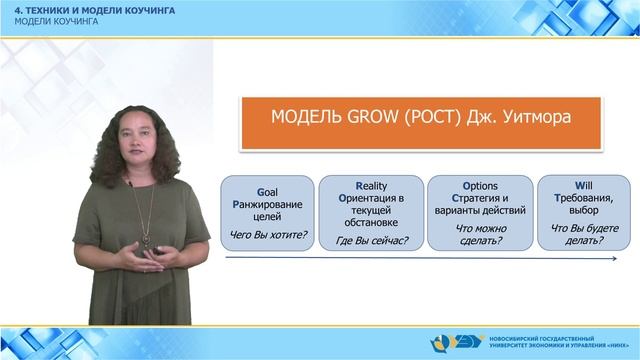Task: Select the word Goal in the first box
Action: point(269,191)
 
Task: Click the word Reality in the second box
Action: point(373,185)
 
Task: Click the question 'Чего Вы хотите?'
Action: point(269,235)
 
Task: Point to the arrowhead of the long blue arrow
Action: point(614,259)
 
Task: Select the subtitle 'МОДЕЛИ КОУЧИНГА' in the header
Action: point(56,21)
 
